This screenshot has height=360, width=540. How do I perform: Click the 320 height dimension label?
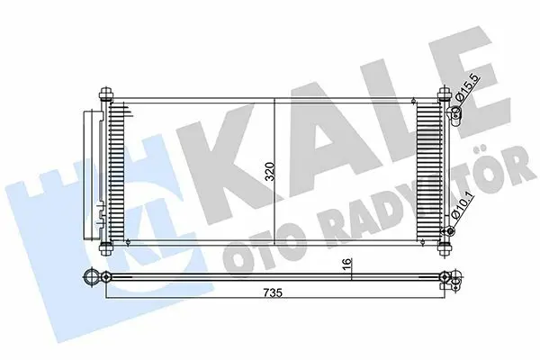click(270, 172)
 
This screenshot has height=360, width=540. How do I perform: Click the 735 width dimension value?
click(273, 292)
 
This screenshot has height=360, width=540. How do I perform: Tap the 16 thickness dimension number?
click(347, 264)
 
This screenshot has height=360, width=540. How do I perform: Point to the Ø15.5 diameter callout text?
click(466, 88)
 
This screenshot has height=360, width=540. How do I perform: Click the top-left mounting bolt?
click(105, 94)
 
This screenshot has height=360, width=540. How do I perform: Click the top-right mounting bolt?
click(445, 94)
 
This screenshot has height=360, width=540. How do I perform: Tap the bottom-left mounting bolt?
click(105, 247)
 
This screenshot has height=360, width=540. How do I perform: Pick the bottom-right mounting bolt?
click(445, 247)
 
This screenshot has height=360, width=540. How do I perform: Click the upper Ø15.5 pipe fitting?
click(454, 114)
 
